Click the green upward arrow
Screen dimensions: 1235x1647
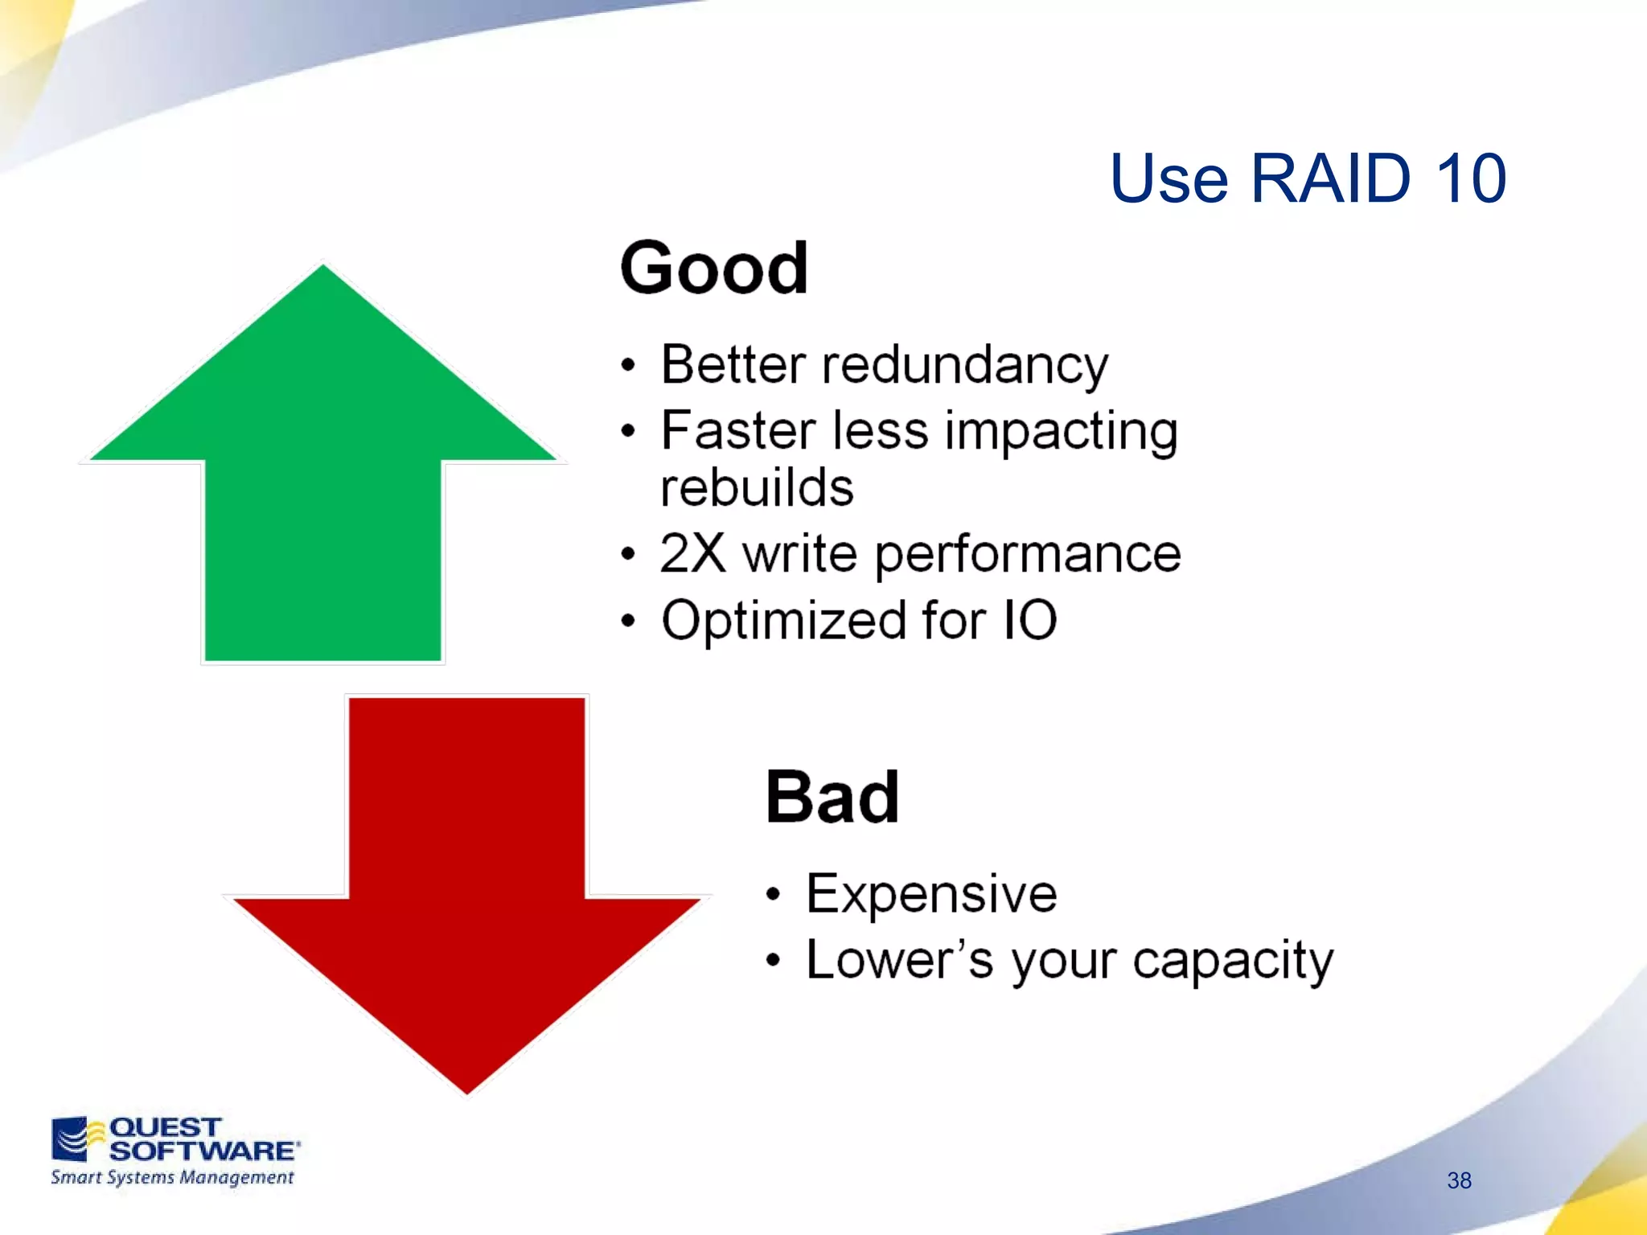click(x=322, y=482)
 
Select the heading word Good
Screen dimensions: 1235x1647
click(x=713, y=269)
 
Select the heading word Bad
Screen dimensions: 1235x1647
click(x=832, y=798)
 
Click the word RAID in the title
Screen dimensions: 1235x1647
click(x=1330, y=178)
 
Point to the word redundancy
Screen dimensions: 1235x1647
click(x=964, y=366)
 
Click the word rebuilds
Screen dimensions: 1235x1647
click(x=757, y=488)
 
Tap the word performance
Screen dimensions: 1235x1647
click(x=1028, y=556)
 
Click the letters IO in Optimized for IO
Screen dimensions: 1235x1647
click(x=1029, y=620)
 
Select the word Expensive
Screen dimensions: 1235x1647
click(x=931, y=894)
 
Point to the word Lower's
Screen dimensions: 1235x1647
click(x=900, y=960)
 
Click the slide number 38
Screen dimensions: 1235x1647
click(x=1459, y=1180)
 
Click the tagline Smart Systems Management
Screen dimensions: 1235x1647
click(x=172, y=1178)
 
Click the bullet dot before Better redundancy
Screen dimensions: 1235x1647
click(x=628, y=367)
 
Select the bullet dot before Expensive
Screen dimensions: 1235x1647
click(x=773, y=895)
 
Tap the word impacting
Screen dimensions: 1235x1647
click(x=1061, y=432)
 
